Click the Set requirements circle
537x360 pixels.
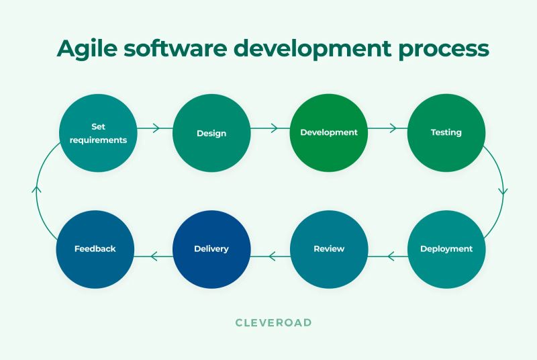pyautogui.click(x=99, y=132)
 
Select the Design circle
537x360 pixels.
pyautogui.click(x=211, y=132)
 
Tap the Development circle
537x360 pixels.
pyautogui.click(x=329, y=132)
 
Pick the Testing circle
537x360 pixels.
pyautogui.click(x=446, y=132)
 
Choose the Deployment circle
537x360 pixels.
pyautogui.click(x=446, y=249)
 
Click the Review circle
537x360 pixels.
pyautogui.click(x=329, y=249)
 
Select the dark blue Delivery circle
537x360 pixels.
pyautogui.click(x=211, y=249)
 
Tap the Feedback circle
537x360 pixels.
pyautogui.click(x=95, y=249)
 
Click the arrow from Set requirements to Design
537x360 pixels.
pyautogui.click(x=154, y=128)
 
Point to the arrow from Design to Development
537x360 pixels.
pyautogui.click(x=271, y=128)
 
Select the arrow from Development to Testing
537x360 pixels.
pyautogui.click(x=388, y=128)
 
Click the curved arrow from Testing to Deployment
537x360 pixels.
pyautogui.click(x=503, y=190)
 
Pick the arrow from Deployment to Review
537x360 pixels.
pyautogui.click(x=388, y=255)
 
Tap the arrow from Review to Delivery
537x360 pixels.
pyautogui.click(x=271, y=255)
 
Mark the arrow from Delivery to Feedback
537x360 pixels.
pyautogui.click(x=154, y=255)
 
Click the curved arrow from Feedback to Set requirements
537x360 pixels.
pyautogui.click(x=37, y=190)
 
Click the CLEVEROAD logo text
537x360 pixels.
pyautogui.click(x=273, y=322)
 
